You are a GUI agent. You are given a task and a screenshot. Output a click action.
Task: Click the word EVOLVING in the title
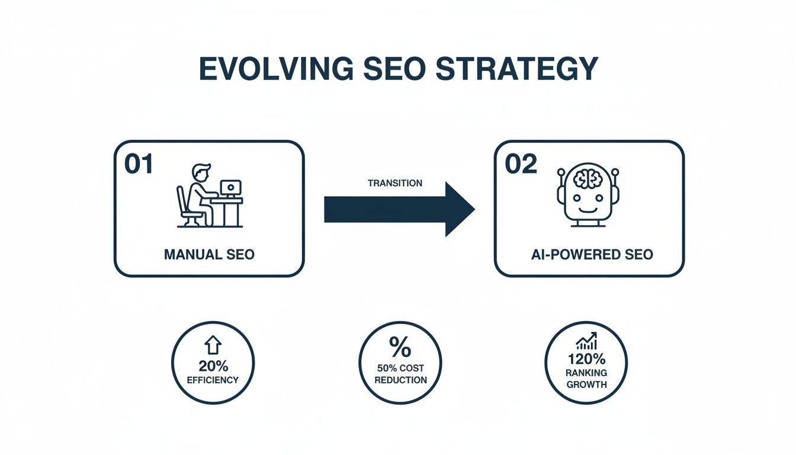272,69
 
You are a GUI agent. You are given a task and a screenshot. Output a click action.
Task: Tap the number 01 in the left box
139,164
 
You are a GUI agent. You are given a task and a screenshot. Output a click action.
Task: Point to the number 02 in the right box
521,164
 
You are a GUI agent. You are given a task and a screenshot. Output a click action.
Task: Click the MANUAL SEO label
209,255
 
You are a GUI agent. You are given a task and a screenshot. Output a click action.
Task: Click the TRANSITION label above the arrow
395,183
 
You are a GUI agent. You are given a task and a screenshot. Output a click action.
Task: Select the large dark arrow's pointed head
458,209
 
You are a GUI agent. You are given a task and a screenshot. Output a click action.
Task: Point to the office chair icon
186,209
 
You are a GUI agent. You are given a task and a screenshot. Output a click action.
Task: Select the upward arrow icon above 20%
213,345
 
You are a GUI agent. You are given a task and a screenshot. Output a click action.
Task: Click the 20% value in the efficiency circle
213,365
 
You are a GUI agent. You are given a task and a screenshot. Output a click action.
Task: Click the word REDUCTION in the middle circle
400,380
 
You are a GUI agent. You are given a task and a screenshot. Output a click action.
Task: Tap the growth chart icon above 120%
586,341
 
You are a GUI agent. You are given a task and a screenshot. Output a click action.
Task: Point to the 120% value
586,359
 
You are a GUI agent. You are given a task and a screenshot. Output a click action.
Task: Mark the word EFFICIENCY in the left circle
213,380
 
